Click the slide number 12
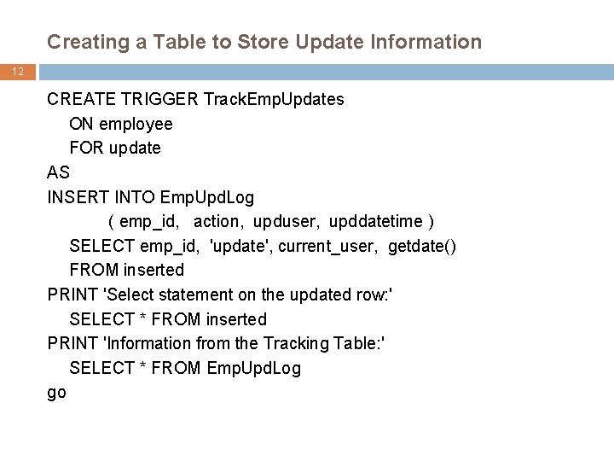(17, 73)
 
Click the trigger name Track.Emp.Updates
(274, 99)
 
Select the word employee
(136, 124)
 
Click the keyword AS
(59, 172)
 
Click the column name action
(216, 222)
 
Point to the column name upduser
(281, 222)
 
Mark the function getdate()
(422, 246)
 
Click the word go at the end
(57, 393)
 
